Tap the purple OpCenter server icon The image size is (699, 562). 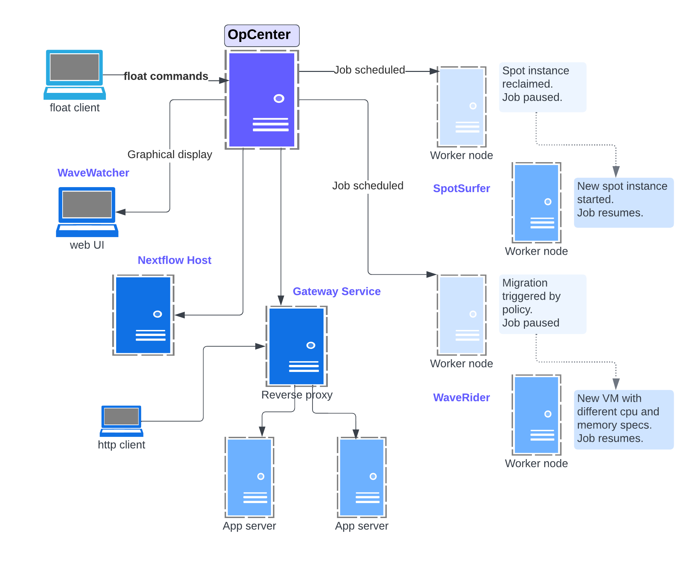click(262, 100)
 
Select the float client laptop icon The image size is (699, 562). click(75, 75)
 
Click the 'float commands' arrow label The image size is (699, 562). click(166, 76)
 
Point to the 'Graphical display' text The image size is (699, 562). click(170, 154)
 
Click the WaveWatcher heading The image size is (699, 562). click(93, 173)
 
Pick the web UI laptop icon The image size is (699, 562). click(87, 212)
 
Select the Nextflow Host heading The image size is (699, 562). click(174, 260)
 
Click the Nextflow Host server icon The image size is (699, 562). click(143, 315)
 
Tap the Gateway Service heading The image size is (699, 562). click(337, 291)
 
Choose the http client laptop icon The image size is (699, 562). click(121, 421)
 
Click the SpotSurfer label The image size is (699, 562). click(461, 188)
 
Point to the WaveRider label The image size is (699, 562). click(461, 398)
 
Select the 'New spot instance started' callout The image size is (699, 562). click(623, 202)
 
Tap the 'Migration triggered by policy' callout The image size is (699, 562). click(543, 304)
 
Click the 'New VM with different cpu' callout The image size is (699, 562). click(623, 420)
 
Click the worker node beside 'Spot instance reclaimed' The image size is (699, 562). click(461, 107)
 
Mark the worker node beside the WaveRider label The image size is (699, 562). click(536, 415)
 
